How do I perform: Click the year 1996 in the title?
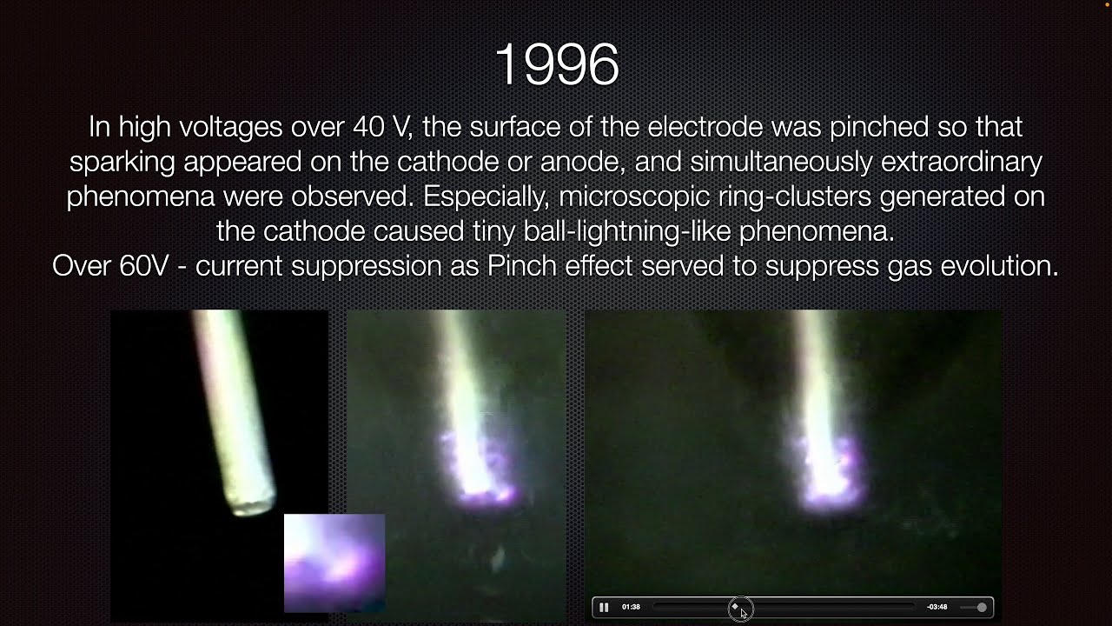557,64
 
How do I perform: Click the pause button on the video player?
604,607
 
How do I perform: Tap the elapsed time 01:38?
631,607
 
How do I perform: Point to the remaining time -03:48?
937,607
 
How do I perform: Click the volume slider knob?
982,607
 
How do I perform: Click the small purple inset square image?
334,563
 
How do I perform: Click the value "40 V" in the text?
381,127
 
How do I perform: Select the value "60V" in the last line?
144,266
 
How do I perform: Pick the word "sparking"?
122,163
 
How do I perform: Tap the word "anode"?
582,163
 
